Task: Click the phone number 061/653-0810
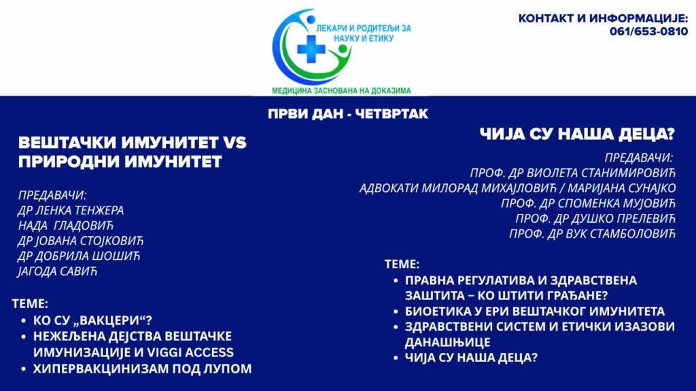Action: [x=648, y=32]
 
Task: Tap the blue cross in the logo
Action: [x=311, y=48]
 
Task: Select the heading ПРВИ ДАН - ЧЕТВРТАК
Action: [x=348, y=114]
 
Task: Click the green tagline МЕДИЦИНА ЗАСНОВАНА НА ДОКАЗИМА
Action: [x=341, y=91]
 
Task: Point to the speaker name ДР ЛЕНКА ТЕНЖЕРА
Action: [x=71, y=210]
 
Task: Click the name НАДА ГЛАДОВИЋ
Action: [x=66, y=225]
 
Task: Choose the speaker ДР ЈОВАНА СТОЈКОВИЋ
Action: [x=80, y=241]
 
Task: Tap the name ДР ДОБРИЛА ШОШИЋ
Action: [x=79, y=256]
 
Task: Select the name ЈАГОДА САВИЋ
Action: [x=57, y=271]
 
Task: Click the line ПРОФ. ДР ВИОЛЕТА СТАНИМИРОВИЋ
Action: [x=572, y=173]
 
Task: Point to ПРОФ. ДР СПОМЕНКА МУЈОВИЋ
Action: [x=588, y=203]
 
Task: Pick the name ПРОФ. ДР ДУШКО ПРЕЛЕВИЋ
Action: [x=595, y=218]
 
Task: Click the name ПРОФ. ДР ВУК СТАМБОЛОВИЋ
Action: [x=592, y=234]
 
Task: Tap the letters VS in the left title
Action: [x=234, y=143]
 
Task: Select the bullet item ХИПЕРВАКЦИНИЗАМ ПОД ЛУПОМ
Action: [x=143, y=369]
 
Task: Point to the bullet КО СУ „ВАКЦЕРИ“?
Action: [x=92, y=320]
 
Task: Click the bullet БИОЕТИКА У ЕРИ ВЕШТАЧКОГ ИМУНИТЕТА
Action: [x=535, y=311]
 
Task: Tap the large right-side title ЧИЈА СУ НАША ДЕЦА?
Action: [x=577, y=134]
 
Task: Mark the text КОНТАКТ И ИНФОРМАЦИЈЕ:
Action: [x=604, y=18]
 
